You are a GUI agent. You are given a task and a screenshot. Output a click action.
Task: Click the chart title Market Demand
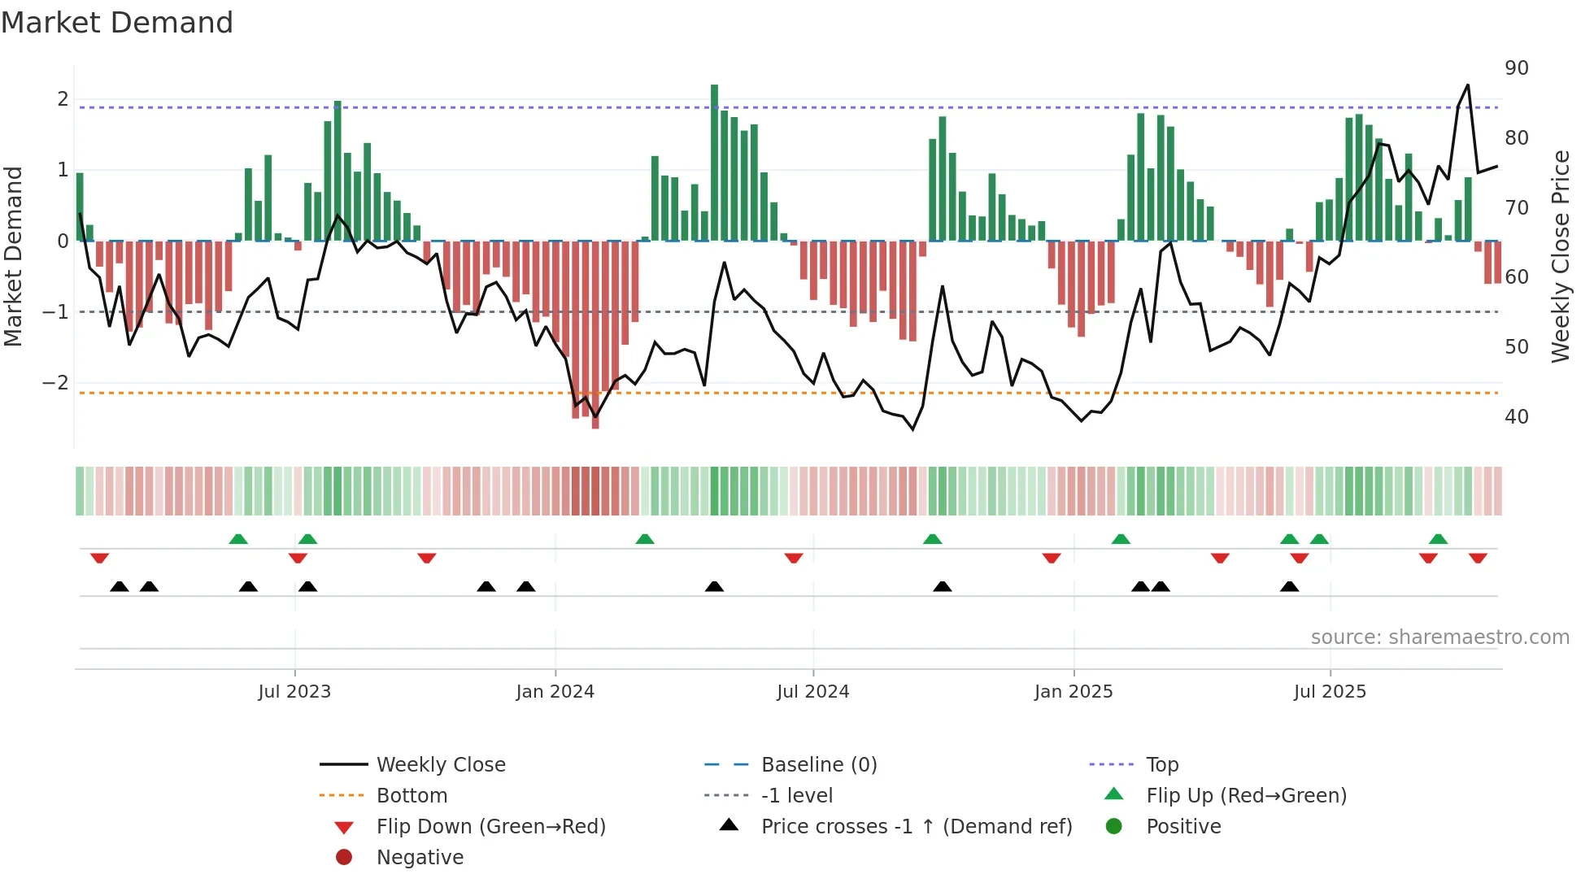[117, 23]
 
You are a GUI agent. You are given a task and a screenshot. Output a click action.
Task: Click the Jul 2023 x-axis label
[294, 692]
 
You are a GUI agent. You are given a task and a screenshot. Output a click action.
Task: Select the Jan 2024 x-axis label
[555, 692]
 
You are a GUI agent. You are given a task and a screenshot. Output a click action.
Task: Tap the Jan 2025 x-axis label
[1074, 692]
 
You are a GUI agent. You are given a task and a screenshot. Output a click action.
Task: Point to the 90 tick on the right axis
[1516, 68]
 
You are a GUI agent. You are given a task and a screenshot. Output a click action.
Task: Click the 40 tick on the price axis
[1516, 417]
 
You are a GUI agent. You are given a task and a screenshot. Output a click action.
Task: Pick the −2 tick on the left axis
[55, 383]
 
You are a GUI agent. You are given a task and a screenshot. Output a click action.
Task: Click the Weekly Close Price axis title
[1560, 256]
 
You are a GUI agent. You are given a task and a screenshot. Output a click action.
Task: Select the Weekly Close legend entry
[440, 765]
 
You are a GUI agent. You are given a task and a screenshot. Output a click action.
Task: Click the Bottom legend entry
[412, 796]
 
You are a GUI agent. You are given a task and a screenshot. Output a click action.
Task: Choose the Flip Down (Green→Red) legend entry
[490, 827]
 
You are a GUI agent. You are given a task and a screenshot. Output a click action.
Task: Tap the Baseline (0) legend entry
[818, 765]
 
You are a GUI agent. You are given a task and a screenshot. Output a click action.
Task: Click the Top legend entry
[1162, 765]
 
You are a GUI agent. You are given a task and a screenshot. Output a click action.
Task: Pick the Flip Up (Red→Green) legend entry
[1246, 796]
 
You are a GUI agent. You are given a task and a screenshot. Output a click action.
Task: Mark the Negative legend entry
[420, 858]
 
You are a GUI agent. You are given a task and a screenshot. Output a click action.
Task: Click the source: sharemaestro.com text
[1439, 637]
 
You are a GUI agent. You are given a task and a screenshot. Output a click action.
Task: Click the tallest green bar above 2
[714, 163]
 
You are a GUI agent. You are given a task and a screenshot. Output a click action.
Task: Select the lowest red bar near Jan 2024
[595, 333]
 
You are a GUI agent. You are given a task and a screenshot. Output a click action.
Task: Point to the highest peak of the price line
[1468, 85]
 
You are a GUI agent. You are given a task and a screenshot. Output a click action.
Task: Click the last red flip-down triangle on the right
[1478, 558]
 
